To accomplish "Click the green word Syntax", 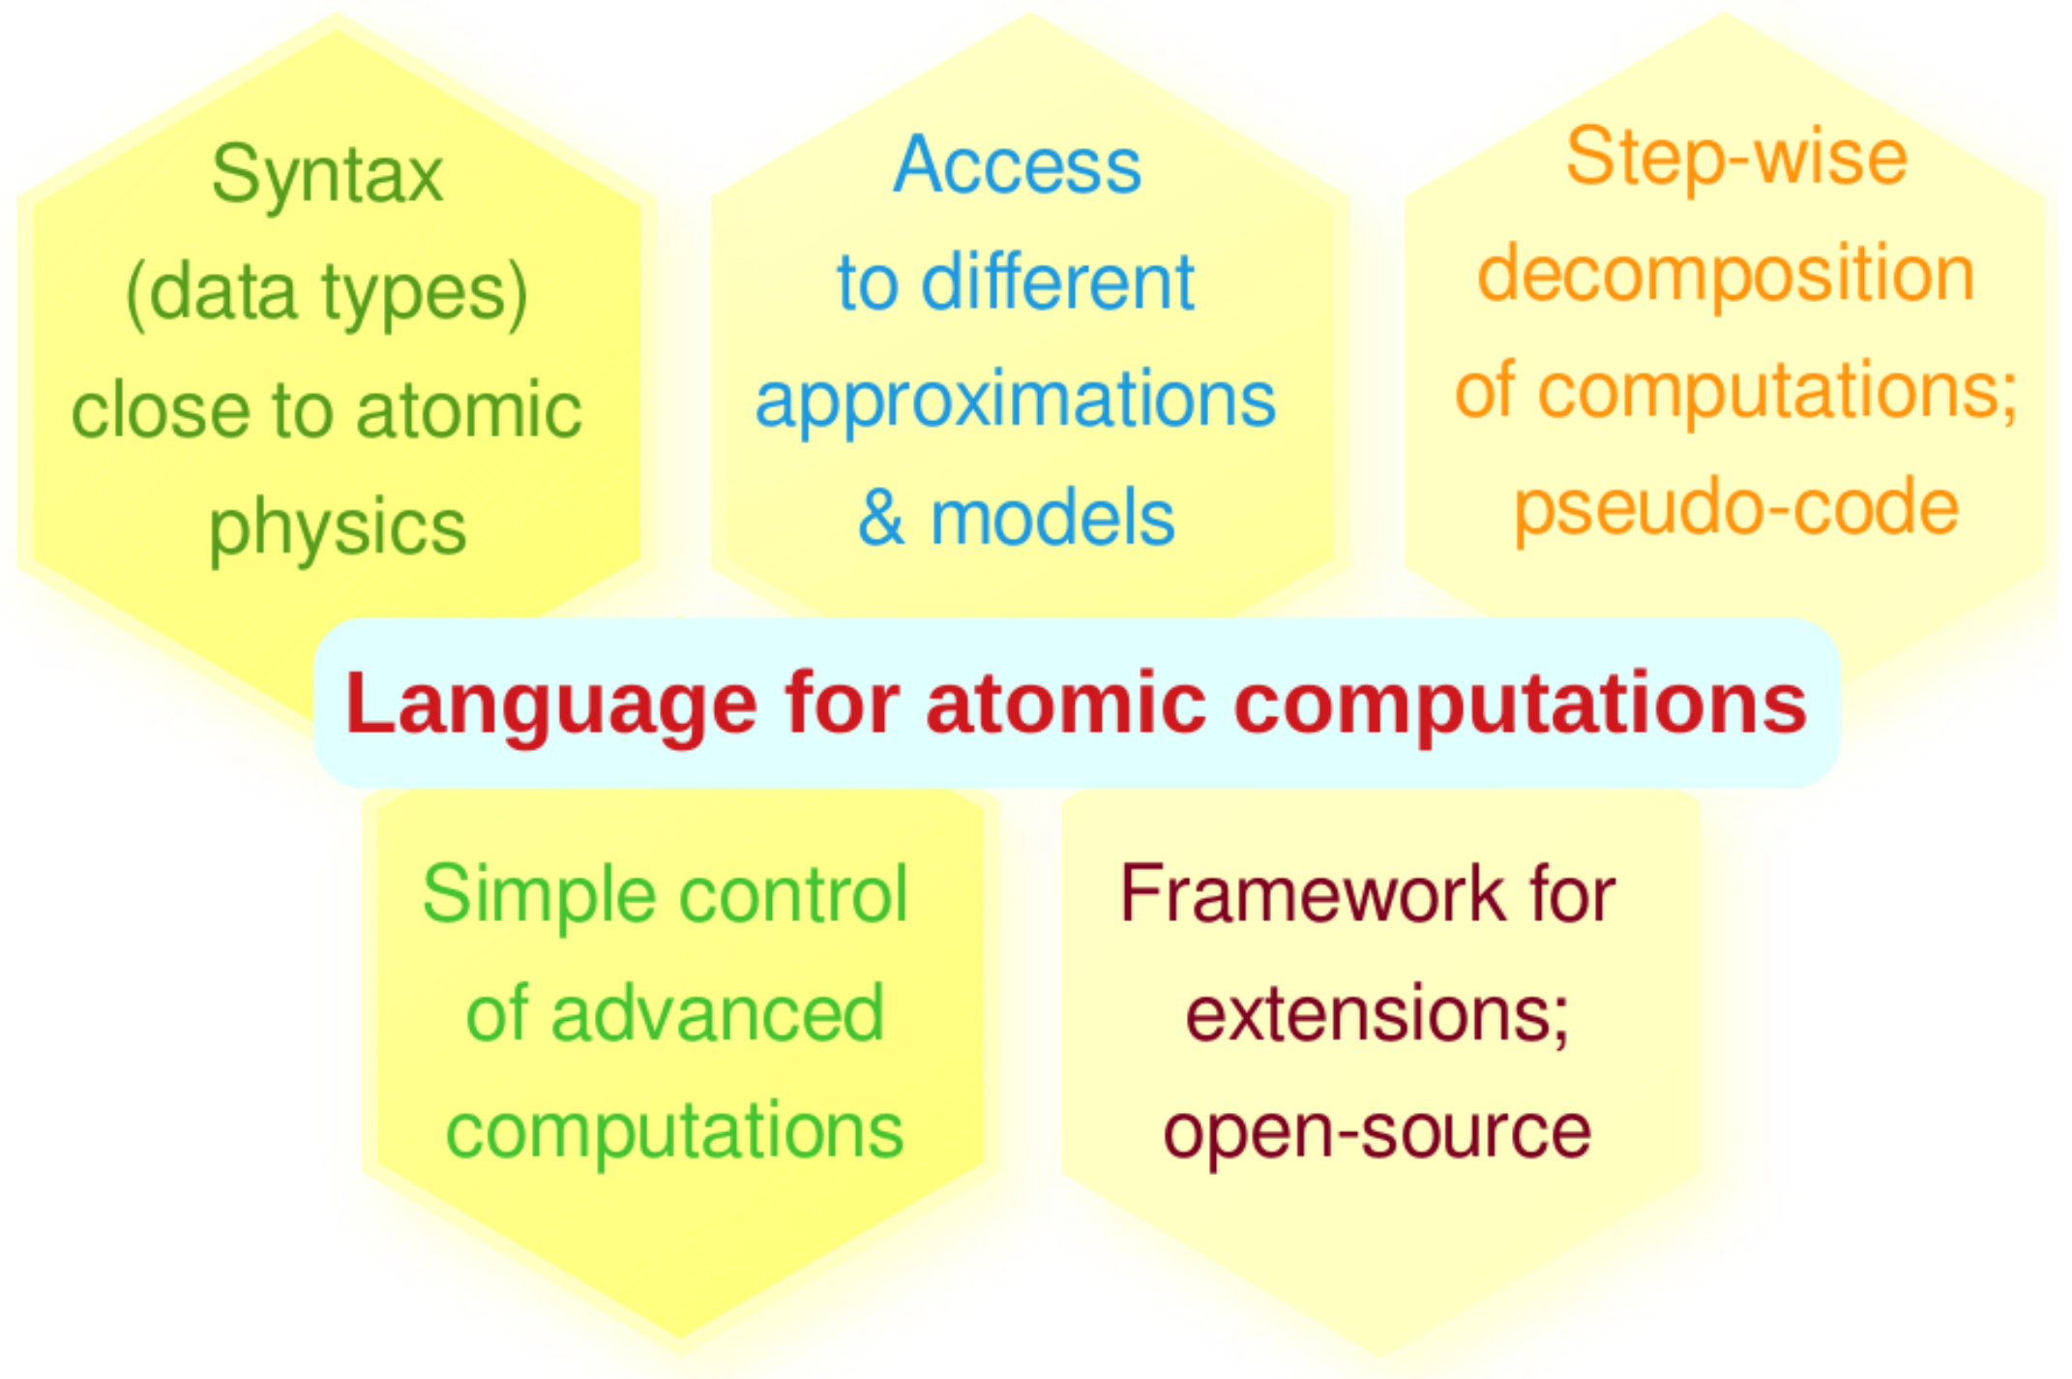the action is [327, 177].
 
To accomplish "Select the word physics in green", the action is [338, 529].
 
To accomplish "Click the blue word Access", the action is [1017, 165].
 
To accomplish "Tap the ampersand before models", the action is [881, 518].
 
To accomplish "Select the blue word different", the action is [1058, 283].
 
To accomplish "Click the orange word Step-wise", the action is [1736, 158].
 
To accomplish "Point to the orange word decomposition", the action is [1726, 275].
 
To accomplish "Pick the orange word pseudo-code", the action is [1736, 508].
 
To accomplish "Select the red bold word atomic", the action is [1066, 704].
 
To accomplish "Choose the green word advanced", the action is [717, 1014].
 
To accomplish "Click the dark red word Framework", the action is [1314, 894].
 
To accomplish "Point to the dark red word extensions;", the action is [1377, 1014].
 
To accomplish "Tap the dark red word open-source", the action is [1377, 1132].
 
